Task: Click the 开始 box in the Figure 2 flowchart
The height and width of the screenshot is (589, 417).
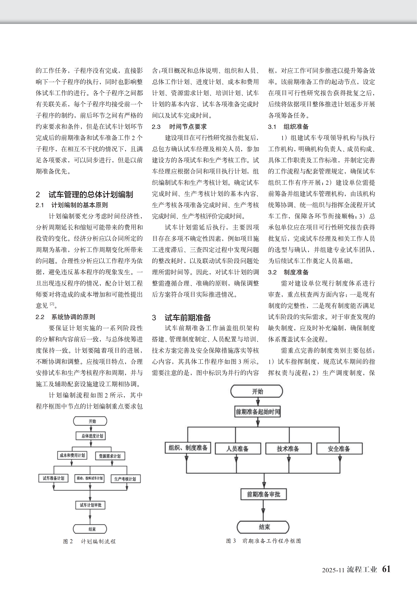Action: [90, 421]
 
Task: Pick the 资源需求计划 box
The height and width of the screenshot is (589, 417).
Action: [110, 456]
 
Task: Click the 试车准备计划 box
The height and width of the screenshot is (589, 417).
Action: [53, 478]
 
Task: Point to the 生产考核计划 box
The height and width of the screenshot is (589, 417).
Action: [126, 479]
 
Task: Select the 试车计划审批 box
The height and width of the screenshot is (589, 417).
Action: [90, 505]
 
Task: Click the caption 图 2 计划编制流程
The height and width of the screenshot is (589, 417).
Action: [89, 541]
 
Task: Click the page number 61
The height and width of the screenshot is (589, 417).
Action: [386, 569]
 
